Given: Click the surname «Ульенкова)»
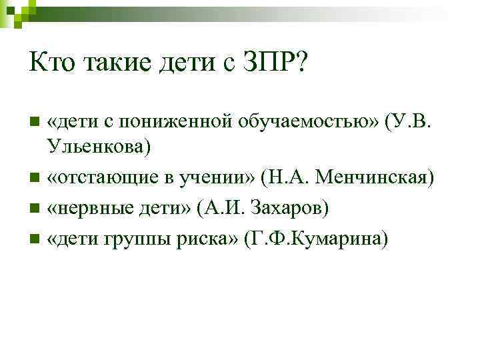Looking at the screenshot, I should [99, 146].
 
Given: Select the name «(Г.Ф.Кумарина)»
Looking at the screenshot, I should [316, 238].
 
